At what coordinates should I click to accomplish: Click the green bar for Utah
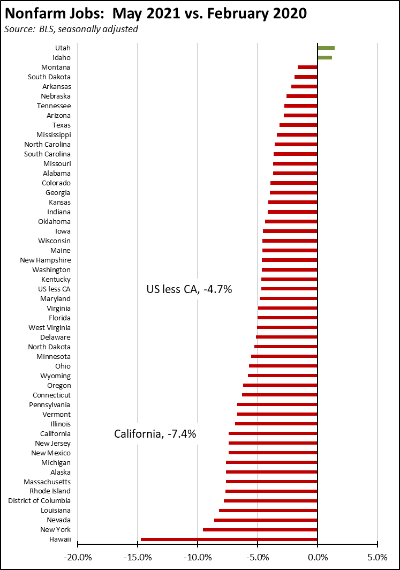[326, 48]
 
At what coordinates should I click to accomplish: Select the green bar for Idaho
[324, 57]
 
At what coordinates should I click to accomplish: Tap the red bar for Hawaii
[229, 539]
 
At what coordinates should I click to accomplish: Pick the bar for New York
[260, 530]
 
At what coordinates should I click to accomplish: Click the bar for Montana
[307, 67]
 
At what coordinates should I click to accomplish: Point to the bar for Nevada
[266, 520]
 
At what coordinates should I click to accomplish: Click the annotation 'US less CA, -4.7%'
[189, 290]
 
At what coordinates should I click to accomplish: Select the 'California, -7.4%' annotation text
[155, 434]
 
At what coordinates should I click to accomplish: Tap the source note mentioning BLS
[71, 29]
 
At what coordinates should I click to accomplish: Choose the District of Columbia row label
[39, 501]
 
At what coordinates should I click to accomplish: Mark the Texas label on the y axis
[61, 125]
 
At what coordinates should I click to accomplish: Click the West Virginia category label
[49, 327]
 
